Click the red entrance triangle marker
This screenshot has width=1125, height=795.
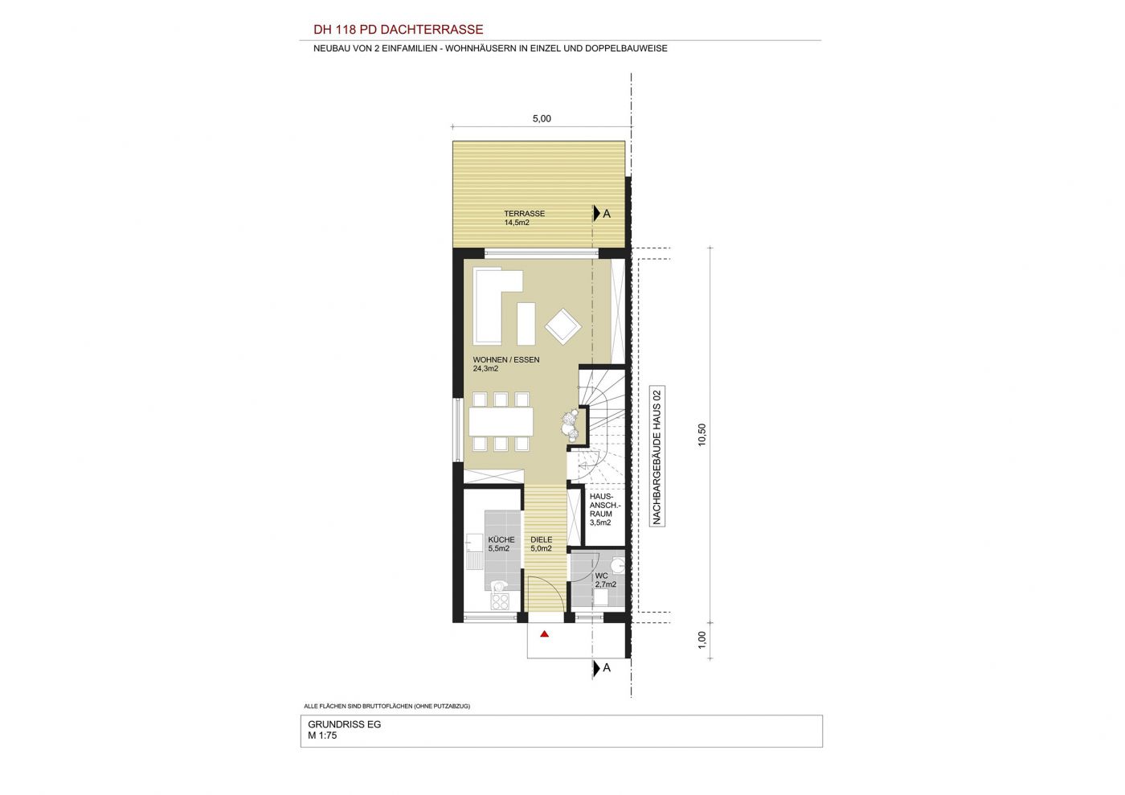[x=545, y=634]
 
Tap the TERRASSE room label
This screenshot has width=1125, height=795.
[x=524, y=214]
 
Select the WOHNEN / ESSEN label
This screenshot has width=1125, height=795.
[x=506, y=360]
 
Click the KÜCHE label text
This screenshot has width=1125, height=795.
[x=501, y=539]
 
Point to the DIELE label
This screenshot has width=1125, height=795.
[x=542, y=539]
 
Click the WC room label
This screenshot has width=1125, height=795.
[x=601, y=576]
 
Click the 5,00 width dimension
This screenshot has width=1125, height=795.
[x=542, y=119]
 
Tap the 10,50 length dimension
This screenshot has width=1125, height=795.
[x=702, y=435]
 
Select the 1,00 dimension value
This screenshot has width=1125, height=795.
[x=702, y=640]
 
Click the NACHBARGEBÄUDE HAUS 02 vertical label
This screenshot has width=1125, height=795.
[x=657, y=457]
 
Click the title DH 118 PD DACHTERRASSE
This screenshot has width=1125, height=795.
[x=399, y=30]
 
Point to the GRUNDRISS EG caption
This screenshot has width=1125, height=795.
[x=345, y=724]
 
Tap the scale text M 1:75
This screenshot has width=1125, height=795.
[x=322, y=736]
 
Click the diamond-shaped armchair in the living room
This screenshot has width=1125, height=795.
[x=563, y=326]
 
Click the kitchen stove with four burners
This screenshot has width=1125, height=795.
[x=500, y=601]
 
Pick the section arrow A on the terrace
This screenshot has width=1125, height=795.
[x=602, y=214]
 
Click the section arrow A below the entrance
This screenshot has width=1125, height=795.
[x=602, y=668]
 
